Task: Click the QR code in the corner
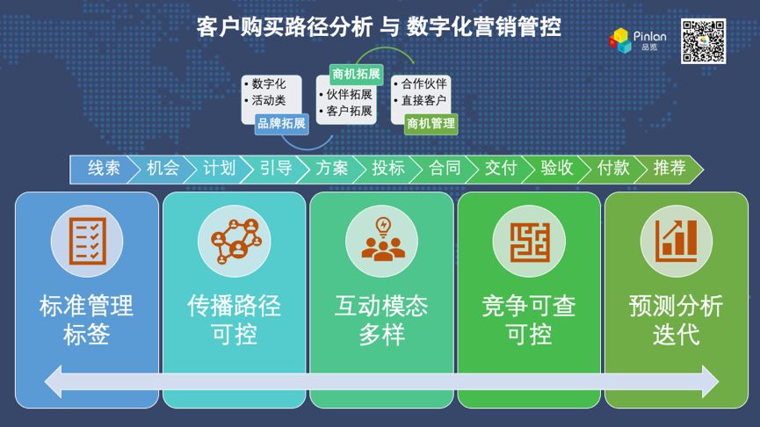click(703, 40)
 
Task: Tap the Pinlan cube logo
click(620, 40)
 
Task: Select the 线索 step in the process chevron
click(104, 169)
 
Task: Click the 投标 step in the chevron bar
click(388, 169)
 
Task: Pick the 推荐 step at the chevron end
click(670, 169)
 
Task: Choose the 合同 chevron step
click(445, 169)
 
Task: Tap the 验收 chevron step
click(557, 169)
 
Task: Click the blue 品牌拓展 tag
click(282, 124)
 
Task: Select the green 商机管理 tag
click(431, 124)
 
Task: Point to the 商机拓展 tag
click(356, 74)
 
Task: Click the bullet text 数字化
click(269, 84)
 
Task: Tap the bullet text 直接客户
click(423, 100)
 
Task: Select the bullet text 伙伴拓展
click(349, 95)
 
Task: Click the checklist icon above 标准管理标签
click(87, 241)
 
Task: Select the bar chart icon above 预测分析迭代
click(677, 241)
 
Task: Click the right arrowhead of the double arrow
click(710, 382)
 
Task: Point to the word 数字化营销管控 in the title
click(484, 26)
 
